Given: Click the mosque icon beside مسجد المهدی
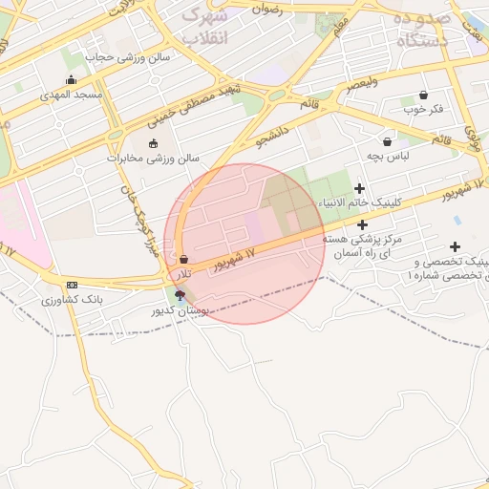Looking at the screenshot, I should tap(70, 80).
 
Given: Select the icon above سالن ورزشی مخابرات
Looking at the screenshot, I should tap(153, 143).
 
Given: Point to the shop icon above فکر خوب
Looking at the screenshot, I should tap(423, 95).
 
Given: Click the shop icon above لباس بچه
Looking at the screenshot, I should tap(387, 140).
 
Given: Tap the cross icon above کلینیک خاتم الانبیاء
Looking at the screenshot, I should tap(359, 188).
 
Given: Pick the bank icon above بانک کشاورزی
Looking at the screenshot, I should tap(72, 286).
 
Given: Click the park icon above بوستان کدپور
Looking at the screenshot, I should tap(180, 295).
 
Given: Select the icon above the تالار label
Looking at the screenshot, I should tap(182, 259).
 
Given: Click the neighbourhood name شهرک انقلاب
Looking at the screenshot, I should tap(205, 27).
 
